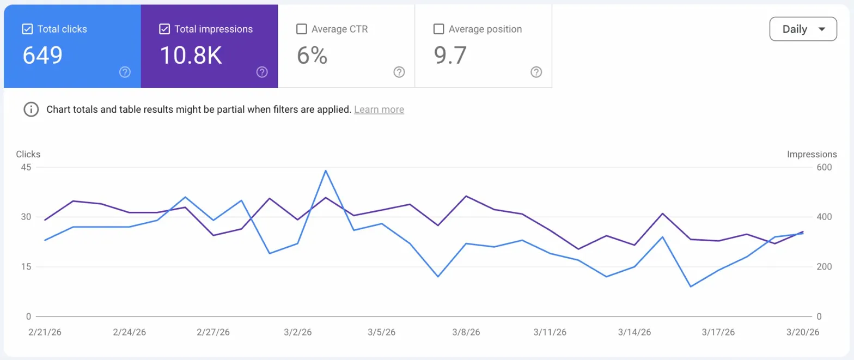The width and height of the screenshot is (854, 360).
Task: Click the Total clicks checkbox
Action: point(27,29)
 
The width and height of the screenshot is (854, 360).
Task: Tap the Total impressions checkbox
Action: point(164,29)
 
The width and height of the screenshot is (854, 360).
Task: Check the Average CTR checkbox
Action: point(301,29)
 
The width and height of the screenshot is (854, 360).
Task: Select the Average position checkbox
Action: point(438,29)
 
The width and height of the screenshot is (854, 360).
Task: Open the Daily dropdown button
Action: point(803,29)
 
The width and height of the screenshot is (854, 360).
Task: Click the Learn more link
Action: point(379,109)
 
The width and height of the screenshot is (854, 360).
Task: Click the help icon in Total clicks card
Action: point(125,72)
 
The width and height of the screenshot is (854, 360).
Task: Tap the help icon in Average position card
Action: point(536,72)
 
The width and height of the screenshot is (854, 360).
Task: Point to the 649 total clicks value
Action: point(42,56)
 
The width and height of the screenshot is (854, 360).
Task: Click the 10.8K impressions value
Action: point(191,56)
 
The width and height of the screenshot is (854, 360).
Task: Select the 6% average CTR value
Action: point(312,56)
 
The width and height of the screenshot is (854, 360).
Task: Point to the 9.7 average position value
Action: point(450,56)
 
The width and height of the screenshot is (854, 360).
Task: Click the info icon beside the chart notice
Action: point(31,109)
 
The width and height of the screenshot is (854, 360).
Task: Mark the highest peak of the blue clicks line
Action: point(325,170)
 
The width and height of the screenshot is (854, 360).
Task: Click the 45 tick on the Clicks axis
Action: point(26,167)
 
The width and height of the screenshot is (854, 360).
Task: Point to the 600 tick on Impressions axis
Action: point(823,167)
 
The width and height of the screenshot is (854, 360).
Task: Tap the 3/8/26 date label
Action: point(466,332)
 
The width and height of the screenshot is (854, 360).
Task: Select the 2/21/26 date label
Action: point(45,332)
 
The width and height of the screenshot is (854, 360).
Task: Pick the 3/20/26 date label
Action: point(803,332)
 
